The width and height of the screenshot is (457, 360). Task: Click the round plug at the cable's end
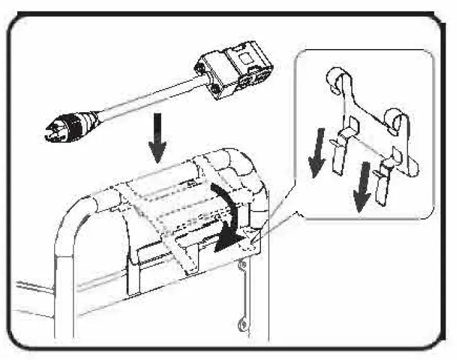click(x=66, y=123)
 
